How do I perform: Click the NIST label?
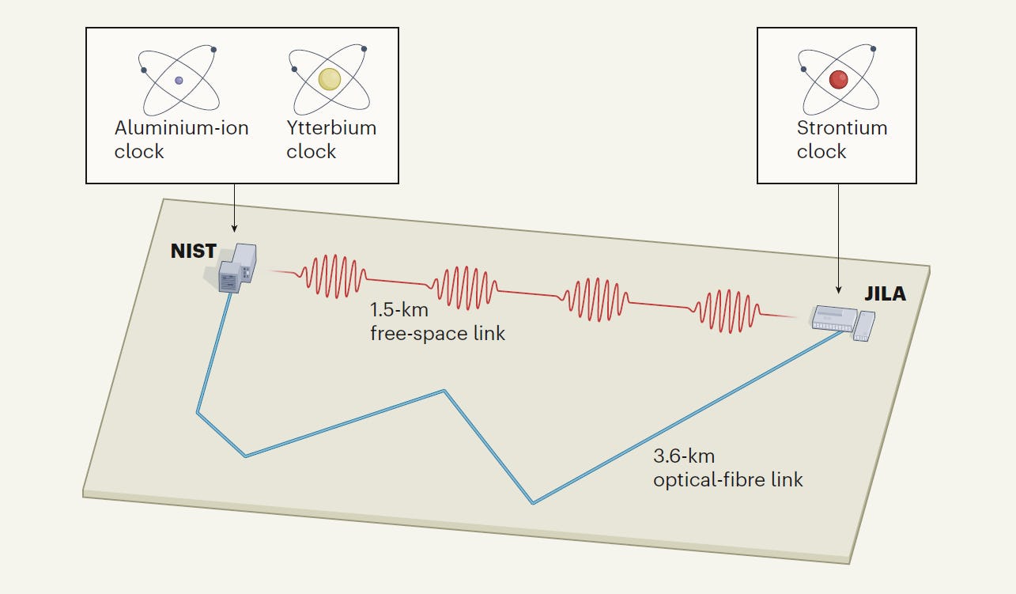click(x=194, y=251)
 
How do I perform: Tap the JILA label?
click(x=885, y=294)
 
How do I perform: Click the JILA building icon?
click(x=842, y=323)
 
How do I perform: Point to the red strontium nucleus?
click(x=838, y=79)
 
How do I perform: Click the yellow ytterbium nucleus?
click(x=329, y=79)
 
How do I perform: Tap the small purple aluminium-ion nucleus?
click(x=179, y=81)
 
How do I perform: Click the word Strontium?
click(x=842, y=128)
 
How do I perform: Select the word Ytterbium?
click(x=331, y=128)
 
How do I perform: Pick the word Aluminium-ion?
click(x=181, y=128)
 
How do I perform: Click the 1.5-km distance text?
click(x=399, y=310)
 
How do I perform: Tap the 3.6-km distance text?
click(x=684, y=456)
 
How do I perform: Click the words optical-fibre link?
click(x=728, y=480)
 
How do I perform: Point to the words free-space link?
click(x=438, y=334)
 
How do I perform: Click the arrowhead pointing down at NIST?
click(x=235, y=229)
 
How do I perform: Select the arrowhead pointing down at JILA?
click(x=839, y=290)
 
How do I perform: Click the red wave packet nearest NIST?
click(x=334, y=276)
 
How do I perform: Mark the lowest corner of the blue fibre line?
click(x=534, y=503)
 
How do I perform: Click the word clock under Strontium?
click(x=821, y=152)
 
